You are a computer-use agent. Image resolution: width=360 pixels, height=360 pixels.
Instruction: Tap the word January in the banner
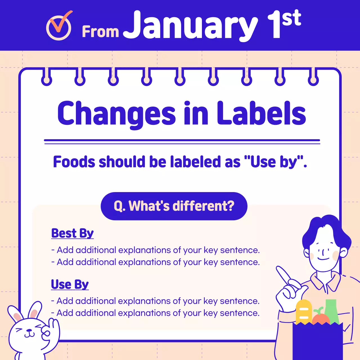(190, 26)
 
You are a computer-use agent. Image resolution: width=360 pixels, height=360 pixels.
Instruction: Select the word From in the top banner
(100, 31)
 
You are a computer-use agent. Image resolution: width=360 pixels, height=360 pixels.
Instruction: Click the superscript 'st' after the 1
(292, 18)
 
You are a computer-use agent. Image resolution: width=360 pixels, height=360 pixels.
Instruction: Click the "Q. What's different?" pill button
(174, 206)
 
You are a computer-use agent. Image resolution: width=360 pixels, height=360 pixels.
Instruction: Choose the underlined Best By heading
(72, 233)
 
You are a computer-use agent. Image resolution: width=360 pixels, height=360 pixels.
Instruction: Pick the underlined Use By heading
(70, 284)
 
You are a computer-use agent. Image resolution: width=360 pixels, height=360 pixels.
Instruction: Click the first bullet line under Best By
(156, 250)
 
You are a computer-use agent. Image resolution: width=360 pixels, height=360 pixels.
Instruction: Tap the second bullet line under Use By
(155, 313)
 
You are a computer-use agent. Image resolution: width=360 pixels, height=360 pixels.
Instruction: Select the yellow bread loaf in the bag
(304, 312)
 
